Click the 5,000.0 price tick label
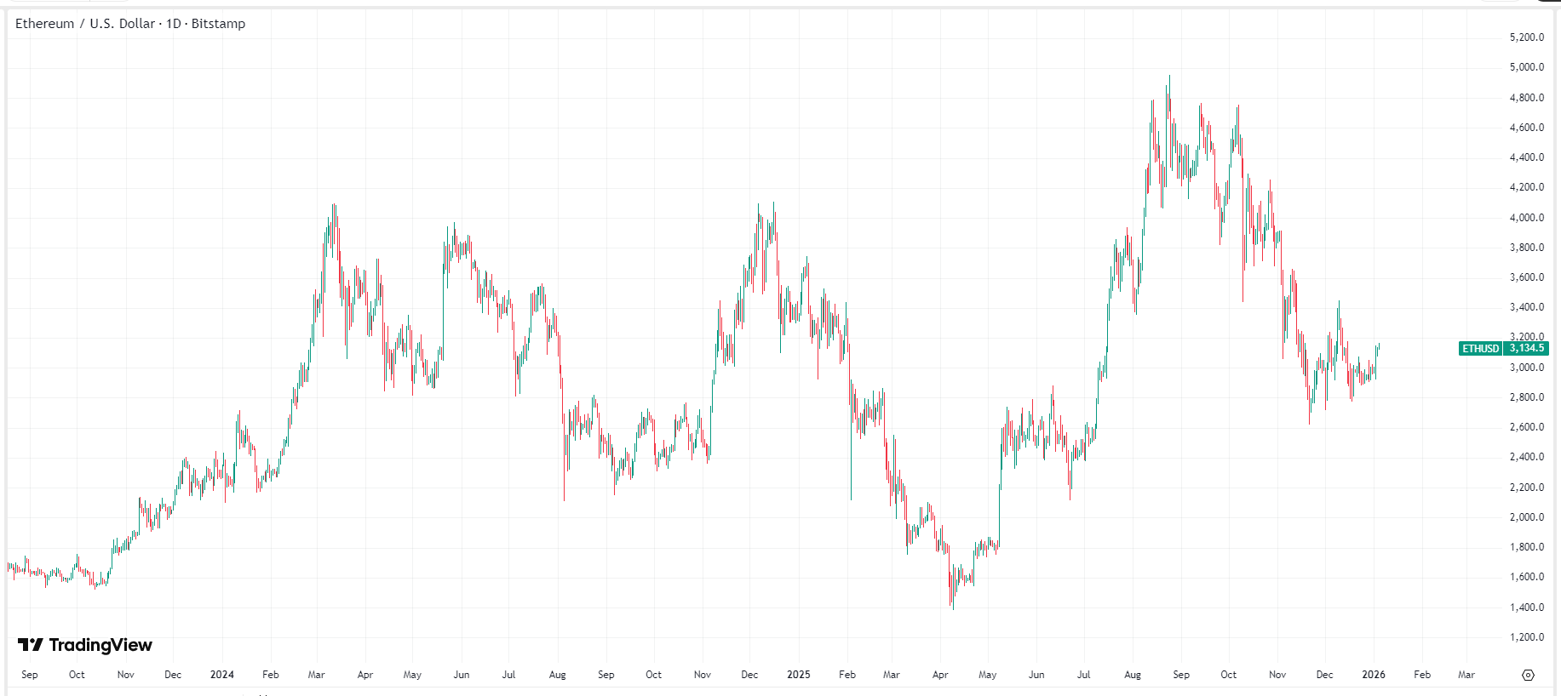click(x=1526, y=67)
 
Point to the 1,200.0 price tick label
click(x=1526, y=637)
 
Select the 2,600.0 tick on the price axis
click(x=1526, y=427)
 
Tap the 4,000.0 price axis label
click(x=1526, y=218)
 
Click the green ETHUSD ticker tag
click(x=1480, y=348)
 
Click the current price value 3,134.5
click(x=1526, y=348)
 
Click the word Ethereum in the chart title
click(x=44, y=24)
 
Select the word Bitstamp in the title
click(x=218, y=24)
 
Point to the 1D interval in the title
click(x=174, y=24)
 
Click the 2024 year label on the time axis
click(x=221, y=675)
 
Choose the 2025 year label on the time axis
click(x=798, y=675)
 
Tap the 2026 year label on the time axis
click(x=1373, y=675)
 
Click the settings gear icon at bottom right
click(x=1528, y=675)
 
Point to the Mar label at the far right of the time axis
click(x=1466, y=675)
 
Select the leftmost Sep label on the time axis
click(x=30, y=675)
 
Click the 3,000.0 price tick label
click(x=1526, y=368)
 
